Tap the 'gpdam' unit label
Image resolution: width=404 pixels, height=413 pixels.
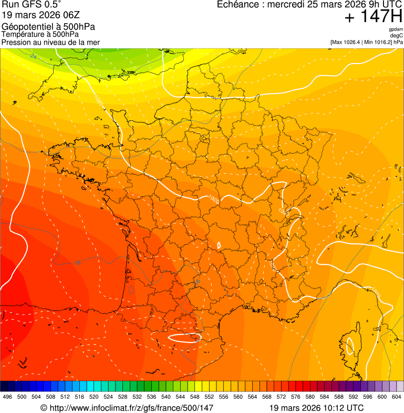396,29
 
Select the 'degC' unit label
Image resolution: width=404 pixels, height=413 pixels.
397,35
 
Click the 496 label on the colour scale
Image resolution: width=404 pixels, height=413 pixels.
7,397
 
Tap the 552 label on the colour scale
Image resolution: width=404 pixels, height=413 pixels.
209,397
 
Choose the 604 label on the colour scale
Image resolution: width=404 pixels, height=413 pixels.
396,397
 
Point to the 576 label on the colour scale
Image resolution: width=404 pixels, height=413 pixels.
295,397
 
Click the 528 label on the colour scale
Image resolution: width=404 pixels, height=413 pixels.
122,397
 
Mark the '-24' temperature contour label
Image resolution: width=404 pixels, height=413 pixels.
33,56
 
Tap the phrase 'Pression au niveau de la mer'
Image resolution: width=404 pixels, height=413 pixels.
50,42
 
